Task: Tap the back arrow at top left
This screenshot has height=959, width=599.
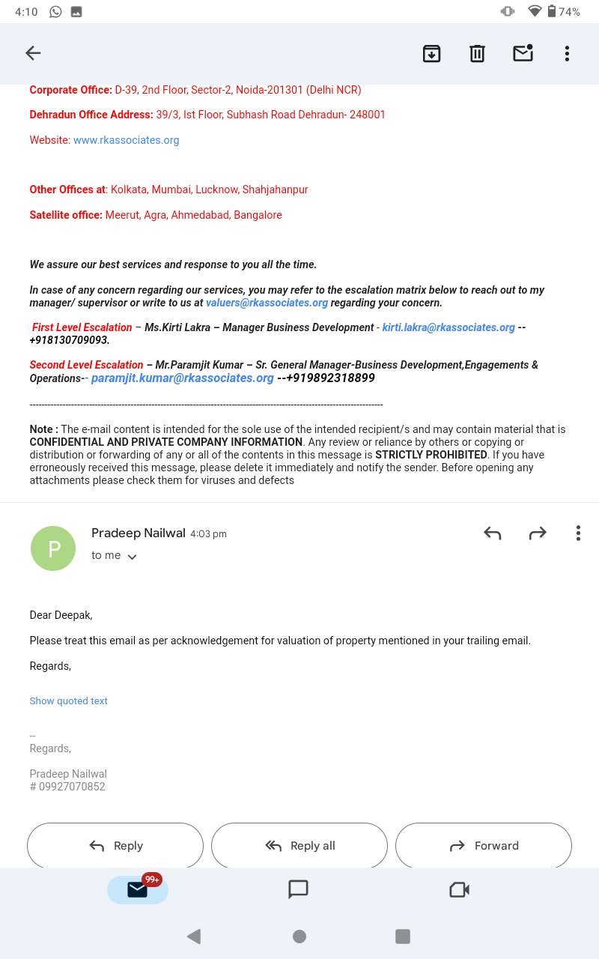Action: tap(33, 53)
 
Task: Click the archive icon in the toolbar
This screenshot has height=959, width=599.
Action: tap(431, 53)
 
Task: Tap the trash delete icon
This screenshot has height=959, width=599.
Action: tap(477, 53)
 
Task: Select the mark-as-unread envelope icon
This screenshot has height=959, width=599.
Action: tap(523, 53)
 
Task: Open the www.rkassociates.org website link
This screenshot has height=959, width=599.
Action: tap(126, 140)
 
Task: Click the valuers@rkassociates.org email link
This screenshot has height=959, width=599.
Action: tap(267, 303)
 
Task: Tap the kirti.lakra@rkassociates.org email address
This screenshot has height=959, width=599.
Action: tap(449, 327)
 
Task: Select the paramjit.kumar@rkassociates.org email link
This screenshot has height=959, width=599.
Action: tap(182, 378)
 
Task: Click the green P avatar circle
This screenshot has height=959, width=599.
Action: tap(53, 548)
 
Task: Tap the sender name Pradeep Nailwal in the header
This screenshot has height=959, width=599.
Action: tap(139, 533)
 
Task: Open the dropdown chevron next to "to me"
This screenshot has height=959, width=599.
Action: tap(133, 557)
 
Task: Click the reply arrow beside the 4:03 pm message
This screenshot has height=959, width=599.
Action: tap(492, 533)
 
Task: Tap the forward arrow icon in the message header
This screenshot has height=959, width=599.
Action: tap(538, 533)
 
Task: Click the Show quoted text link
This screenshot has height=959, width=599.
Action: tap(69, 701)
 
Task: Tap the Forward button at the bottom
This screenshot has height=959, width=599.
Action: tap(484, 846)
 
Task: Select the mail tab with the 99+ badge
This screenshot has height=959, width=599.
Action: tap(138, 889)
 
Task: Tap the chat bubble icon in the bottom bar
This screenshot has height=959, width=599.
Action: tap(298, 889)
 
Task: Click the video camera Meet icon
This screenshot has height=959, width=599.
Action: tap(459, 889)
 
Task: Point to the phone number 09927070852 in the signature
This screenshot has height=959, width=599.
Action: tap(72, 787)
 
